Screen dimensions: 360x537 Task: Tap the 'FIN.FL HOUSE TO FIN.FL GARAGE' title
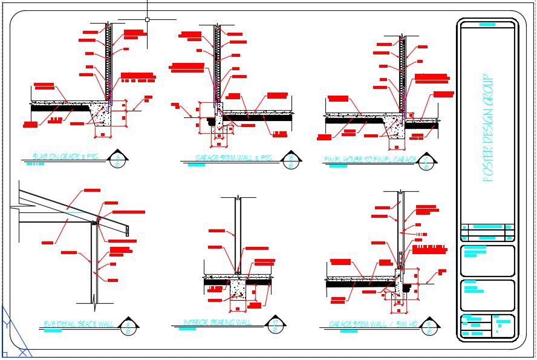370,160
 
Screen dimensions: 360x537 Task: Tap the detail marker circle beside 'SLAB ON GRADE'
118,160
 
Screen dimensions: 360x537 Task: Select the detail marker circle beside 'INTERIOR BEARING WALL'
276,327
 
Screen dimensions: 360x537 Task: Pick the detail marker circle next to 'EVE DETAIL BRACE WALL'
129,327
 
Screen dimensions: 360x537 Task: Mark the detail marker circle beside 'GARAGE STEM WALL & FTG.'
292,161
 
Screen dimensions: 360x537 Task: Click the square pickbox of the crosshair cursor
147,19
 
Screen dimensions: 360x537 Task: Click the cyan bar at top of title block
487,25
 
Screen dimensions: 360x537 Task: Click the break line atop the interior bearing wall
240,198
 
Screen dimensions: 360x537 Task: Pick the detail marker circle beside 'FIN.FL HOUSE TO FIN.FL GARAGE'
427,162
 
